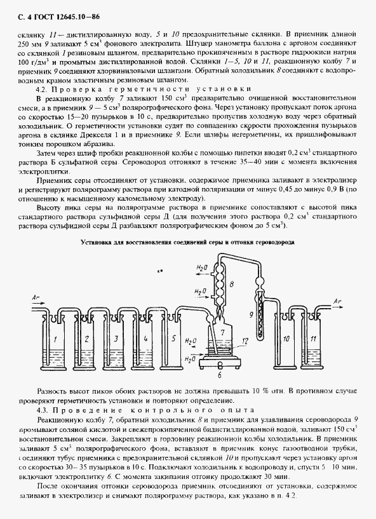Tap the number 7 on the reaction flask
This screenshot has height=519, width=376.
pyautogui.click(x=222, y=332)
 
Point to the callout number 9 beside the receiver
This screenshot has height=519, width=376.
pyautogui.click(x=252, y=314)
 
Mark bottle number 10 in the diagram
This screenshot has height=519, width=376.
pyautogui.click(x=286, y=339)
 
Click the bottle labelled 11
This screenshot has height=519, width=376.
pyautogui.click(x=314, y=339)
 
